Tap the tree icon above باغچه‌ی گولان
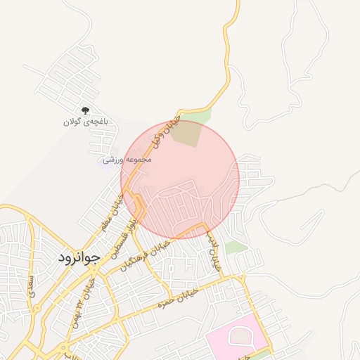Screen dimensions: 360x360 pyautogui.click(x=86, y=110)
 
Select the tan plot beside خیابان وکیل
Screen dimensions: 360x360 pyautogui.click(x=186, y=134)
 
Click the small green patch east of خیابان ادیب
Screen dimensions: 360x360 pyautogui.click(x=236, y=247)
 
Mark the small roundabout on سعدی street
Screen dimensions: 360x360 pyautogui.click(x=31, y=309)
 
